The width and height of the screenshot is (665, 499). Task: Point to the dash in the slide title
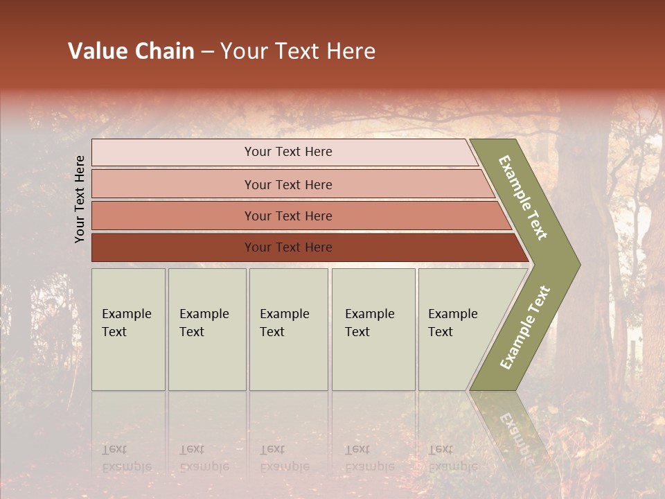207,52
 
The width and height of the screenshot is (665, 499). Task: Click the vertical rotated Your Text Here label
80,198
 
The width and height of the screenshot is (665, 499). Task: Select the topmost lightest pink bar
287,152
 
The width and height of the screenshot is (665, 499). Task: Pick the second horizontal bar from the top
287,184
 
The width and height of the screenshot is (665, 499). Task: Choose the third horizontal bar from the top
287,216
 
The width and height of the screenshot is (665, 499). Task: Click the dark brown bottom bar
287,247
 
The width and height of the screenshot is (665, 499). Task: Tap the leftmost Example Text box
128,329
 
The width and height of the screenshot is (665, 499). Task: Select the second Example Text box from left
207,329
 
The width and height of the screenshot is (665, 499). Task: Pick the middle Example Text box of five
288,329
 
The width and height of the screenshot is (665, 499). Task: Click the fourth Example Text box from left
373,329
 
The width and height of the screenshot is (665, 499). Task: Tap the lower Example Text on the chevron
525,327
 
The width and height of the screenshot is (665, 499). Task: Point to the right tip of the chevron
578,264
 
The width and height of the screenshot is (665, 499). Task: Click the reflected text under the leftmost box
126,457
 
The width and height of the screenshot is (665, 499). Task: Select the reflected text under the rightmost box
452,457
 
